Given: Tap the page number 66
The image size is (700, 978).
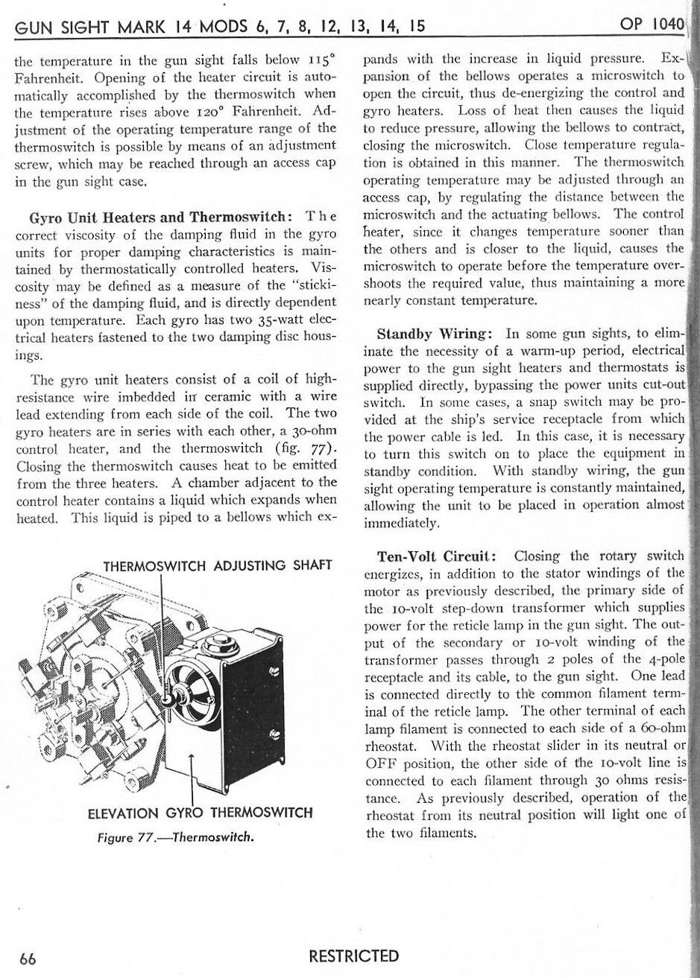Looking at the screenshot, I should (28, 956).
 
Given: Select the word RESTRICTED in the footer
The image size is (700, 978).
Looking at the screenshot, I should (355, 956).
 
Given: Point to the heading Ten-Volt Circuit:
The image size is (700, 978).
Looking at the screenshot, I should (438, 556).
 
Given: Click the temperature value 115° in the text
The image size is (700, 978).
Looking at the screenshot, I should (322, 60).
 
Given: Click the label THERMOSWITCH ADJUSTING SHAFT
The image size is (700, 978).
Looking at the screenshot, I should (217, 565).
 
